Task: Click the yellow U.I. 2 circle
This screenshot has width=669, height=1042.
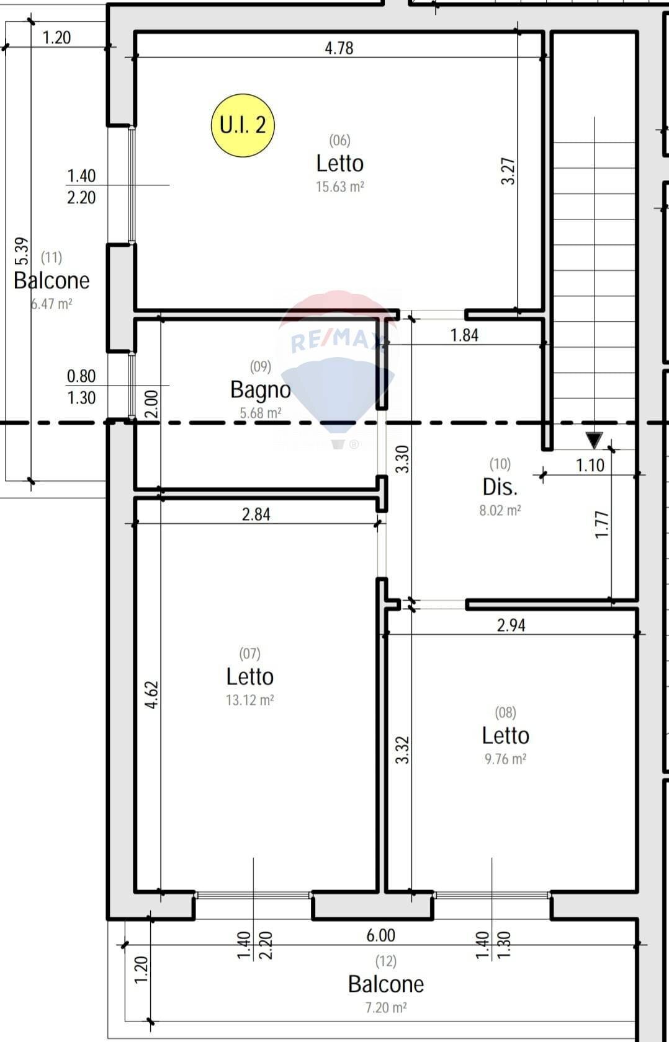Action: [243, 125]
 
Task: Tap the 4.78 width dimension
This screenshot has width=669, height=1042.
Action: [339, 48]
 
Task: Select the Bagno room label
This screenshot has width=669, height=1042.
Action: [260, 390]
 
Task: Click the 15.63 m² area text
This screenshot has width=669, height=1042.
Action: [339, 187]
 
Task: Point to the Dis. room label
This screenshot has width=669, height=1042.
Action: [500, 487]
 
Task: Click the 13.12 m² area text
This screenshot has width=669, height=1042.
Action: [249, 700]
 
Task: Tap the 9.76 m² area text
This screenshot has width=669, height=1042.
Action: [505, 759]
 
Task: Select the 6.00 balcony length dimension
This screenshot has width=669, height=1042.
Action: [380, 935]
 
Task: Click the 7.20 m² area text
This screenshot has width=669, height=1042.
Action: [385, 1007]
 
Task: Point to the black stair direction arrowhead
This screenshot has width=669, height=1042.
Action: [594, 440]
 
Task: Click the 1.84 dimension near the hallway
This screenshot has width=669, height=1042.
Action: [464, 335]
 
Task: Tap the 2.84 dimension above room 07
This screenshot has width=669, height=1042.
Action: [256, 514]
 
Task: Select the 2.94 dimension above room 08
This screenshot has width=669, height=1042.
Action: [511, 625]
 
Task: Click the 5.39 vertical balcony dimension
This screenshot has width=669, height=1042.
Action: [21, 251]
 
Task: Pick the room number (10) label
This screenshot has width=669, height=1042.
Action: [500, 464]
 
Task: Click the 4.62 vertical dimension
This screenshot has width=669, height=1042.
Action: [151, 694]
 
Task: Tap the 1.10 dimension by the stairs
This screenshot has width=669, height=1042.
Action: [590, 465]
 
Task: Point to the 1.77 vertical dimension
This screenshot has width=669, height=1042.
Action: [601, 524]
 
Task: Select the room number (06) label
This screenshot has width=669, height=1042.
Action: [339, 141]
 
